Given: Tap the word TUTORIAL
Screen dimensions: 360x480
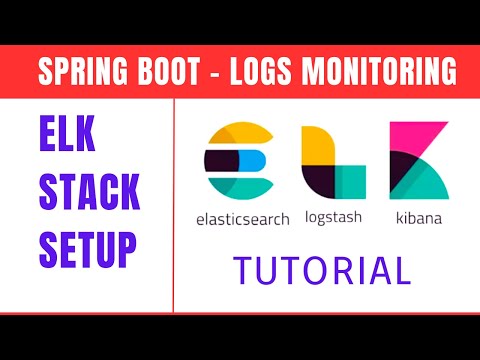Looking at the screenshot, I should [321, 271].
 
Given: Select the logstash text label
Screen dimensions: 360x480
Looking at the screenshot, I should [333, 216].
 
